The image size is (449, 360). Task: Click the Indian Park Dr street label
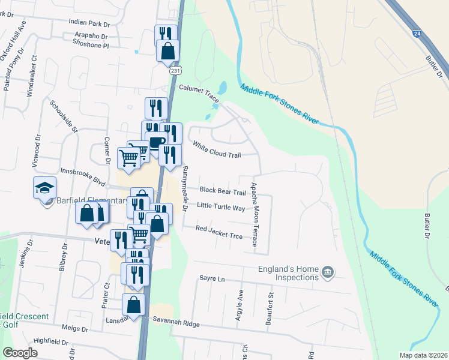[x=89, y=23]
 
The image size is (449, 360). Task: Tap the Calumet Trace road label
[x=200, y=89]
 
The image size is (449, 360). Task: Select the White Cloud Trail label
[x=217, y=149]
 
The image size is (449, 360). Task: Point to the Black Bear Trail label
[x=223, y=191]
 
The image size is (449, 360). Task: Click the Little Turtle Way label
[x=221, y=208]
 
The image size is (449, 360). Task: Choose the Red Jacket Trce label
[x=219, y=232]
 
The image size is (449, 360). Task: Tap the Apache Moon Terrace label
[x=255, y=215]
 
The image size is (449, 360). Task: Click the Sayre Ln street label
[x=211, y=279]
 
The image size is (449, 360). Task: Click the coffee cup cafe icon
[x=157, y=143]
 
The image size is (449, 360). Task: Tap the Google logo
[x=20, y=353]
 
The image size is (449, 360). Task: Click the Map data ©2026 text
[x=423, y=355]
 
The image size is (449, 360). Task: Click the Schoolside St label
[x=64, y=116]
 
